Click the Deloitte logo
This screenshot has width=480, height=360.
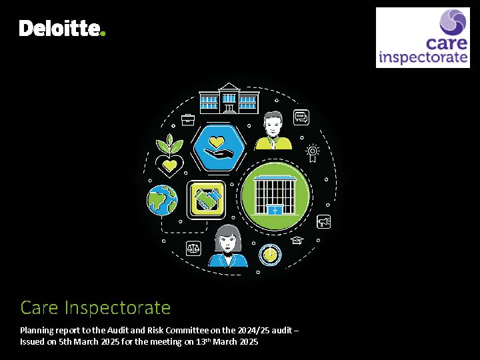62,28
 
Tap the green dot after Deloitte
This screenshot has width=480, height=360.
103,33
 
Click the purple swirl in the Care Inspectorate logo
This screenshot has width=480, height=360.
453,22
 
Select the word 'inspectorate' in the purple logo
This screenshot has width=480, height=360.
423,57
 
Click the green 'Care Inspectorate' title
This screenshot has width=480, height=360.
95,307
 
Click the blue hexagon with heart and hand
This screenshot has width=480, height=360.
219,148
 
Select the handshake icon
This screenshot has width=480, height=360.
206,200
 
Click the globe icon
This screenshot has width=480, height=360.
162,200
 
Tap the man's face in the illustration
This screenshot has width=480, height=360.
273,125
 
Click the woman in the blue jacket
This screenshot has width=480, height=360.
228,247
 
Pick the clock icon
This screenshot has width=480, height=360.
270,255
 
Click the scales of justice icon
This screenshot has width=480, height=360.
193,248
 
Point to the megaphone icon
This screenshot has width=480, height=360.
323,221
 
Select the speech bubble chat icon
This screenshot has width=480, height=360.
301,117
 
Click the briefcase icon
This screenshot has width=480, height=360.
187,120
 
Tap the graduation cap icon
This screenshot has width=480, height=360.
297,240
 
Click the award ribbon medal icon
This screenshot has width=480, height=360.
312,153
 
